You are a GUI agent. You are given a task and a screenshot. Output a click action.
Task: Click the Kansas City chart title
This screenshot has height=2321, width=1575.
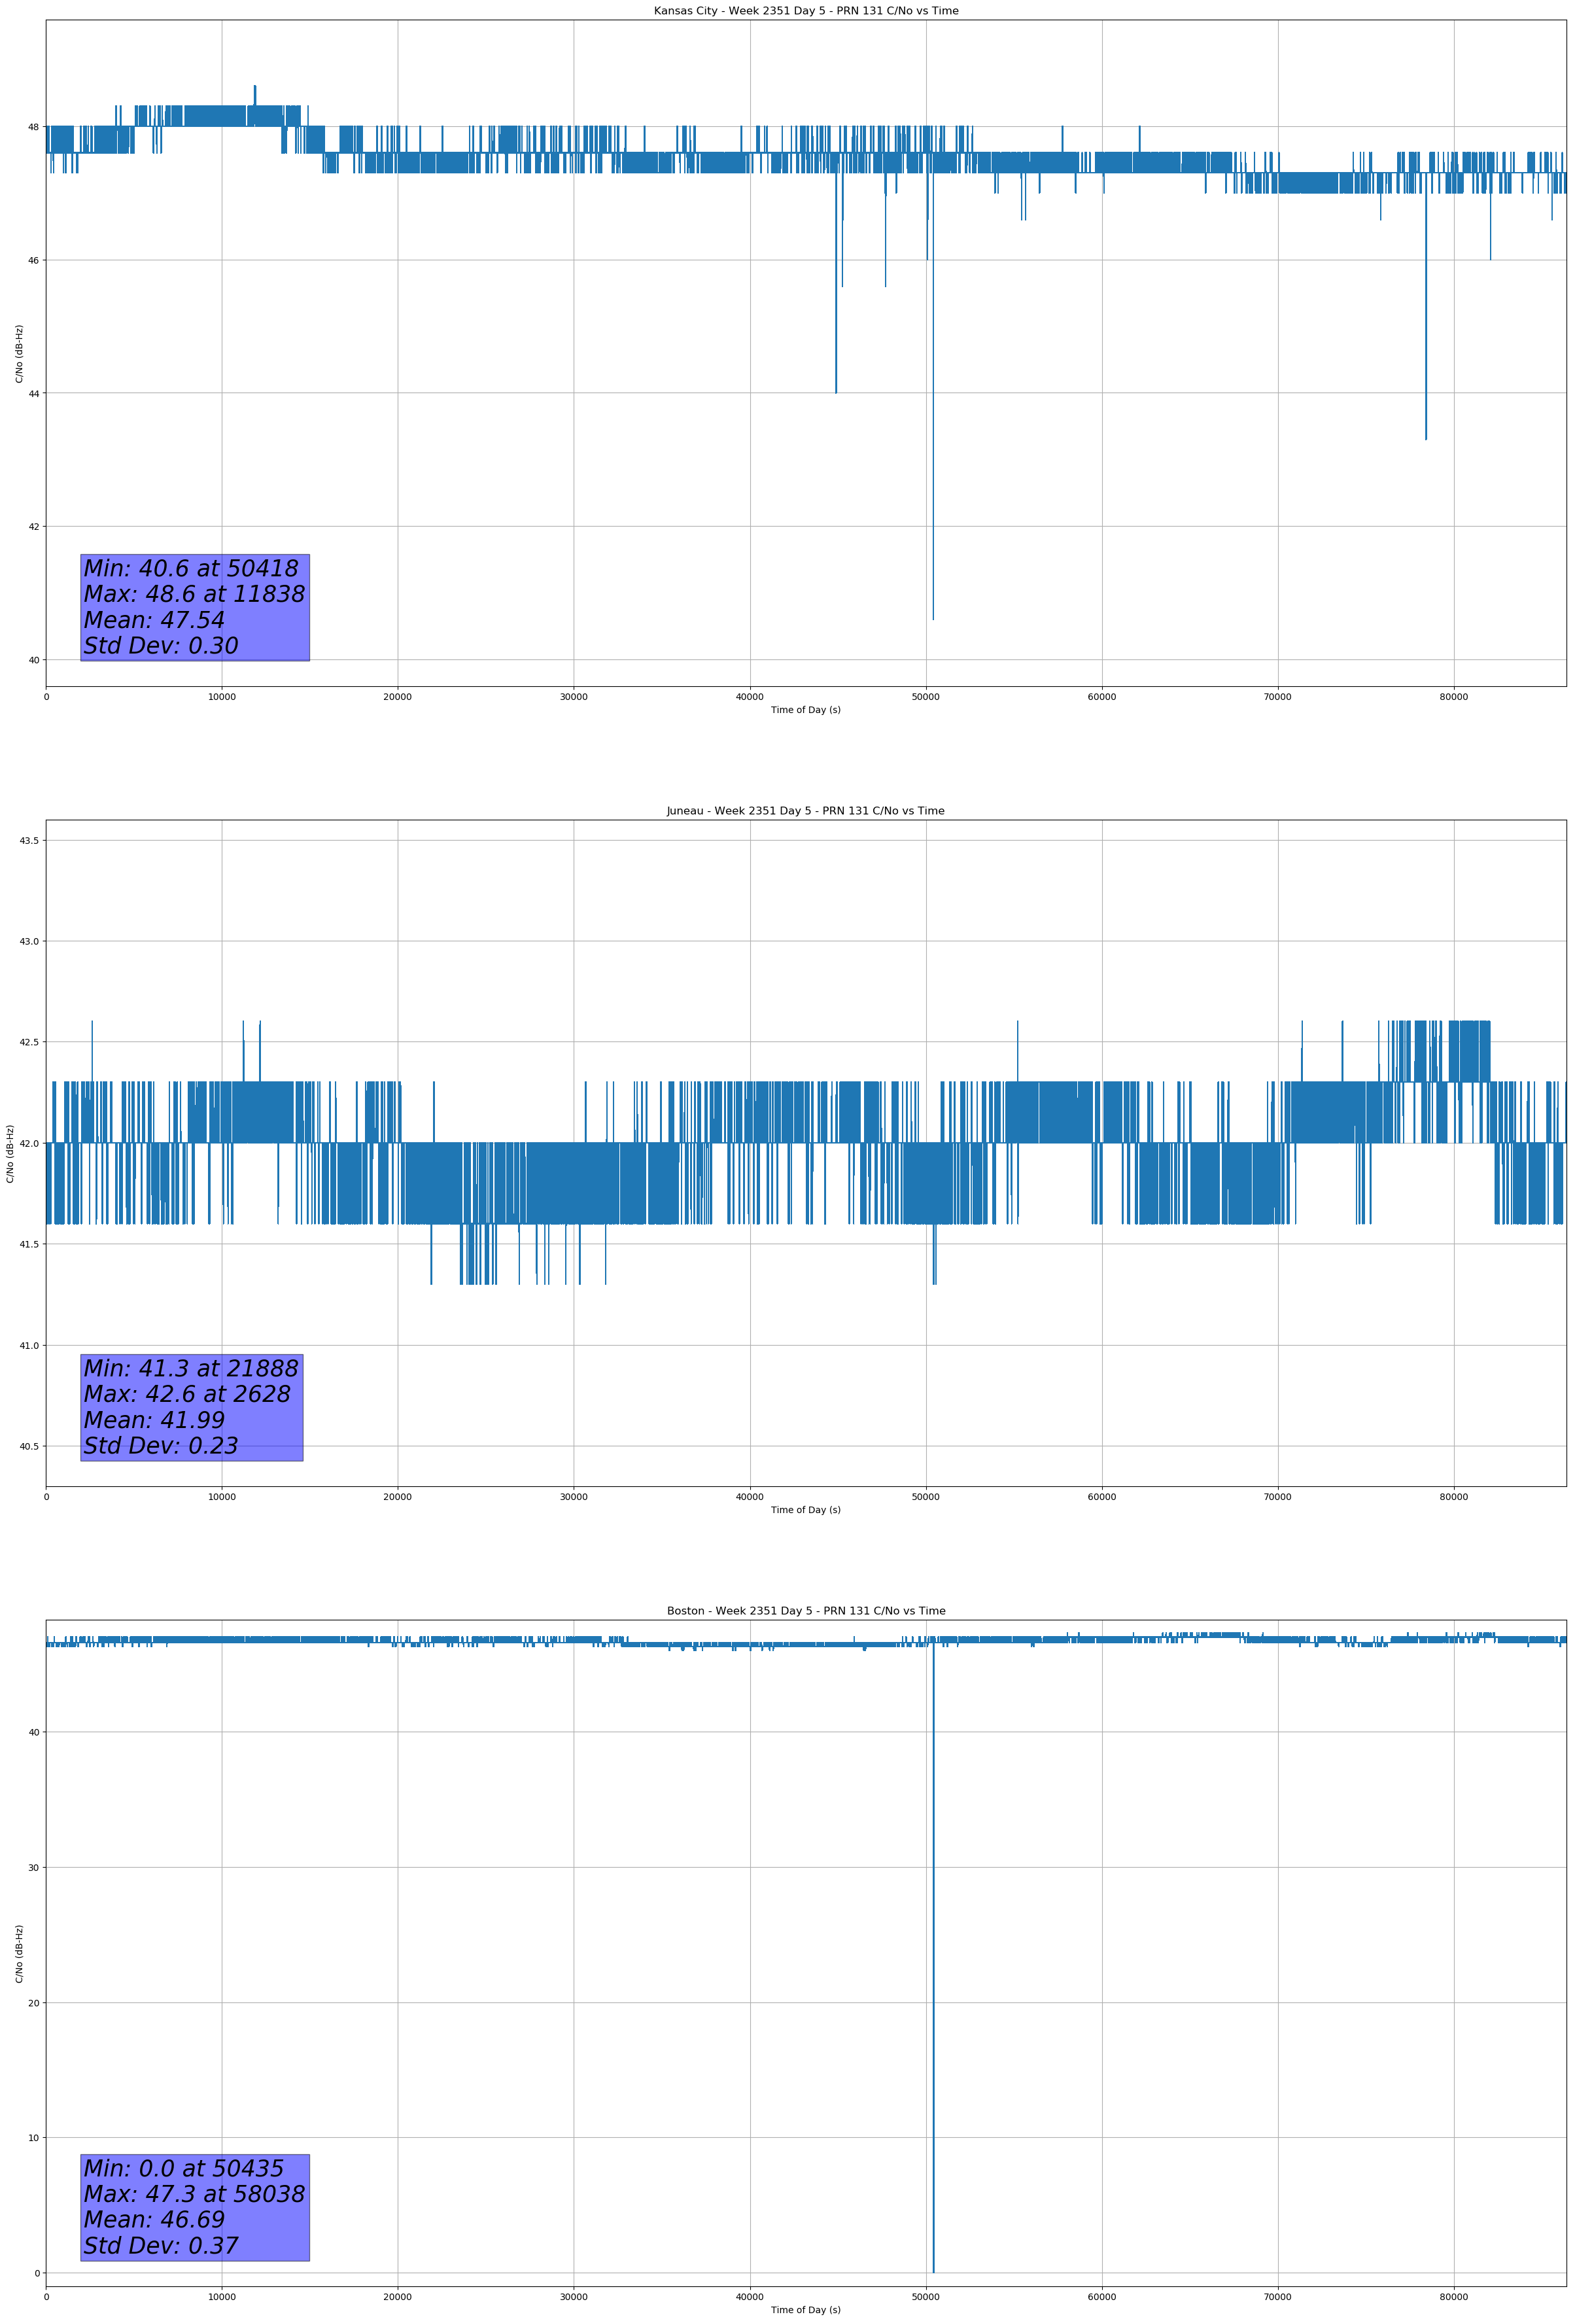pyautogui.click(x=805, y=11)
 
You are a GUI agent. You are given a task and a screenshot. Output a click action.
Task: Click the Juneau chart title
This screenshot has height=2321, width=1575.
pyautogui.click(x=805, y=811)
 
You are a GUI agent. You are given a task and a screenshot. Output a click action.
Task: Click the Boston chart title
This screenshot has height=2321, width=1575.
pyautogui.click(x=805, y=1611)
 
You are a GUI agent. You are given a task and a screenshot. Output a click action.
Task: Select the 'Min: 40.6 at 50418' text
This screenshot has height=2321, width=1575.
pyautogui.click(x=191, y=568)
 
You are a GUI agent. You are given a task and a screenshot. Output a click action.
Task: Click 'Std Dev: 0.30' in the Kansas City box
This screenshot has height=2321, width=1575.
pyautogui.click(x=161, y=646)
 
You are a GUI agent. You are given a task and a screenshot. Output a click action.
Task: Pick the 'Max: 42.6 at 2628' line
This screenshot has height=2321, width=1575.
pyautogui.click(x=187, y=1394)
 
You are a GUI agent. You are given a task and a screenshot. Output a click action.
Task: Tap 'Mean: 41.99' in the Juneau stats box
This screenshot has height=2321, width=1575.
pyautogui.click(x=154, y=1420)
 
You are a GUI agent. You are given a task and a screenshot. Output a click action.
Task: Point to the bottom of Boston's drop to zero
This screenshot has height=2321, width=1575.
pyautogui.click(x=933, y=2271)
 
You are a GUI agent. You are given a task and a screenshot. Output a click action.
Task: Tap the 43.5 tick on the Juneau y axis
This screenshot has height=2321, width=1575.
pyautogui.click(x=29, y=841)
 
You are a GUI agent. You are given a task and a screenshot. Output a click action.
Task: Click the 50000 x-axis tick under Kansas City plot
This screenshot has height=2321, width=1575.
pyautogui.click(x=926, y=697)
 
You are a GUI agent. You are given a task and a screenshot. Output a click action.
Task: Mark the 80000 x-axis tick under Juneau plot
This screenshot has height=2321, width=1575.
pyautogui.click(x=1453, y=1497)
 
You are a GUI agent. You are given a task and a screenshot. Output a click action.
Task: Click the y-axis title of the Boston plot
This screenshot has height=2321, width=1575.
pyautogui.click(x=19, y=1955)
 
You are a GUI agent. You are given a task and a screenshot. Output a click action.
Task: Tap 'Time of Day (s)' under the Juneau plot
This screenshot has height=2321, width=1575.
pyautogui.click(x=805, y=1510)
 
